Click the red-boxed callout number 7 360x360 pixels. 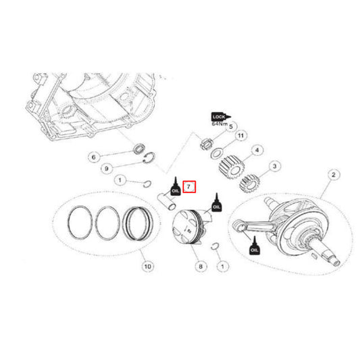[190, 185]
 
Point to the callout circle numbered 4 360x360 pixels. [257, 150]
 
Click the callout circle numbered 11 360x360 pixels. [238, 137]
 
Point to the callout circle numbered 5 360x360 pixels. [231, 126]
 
